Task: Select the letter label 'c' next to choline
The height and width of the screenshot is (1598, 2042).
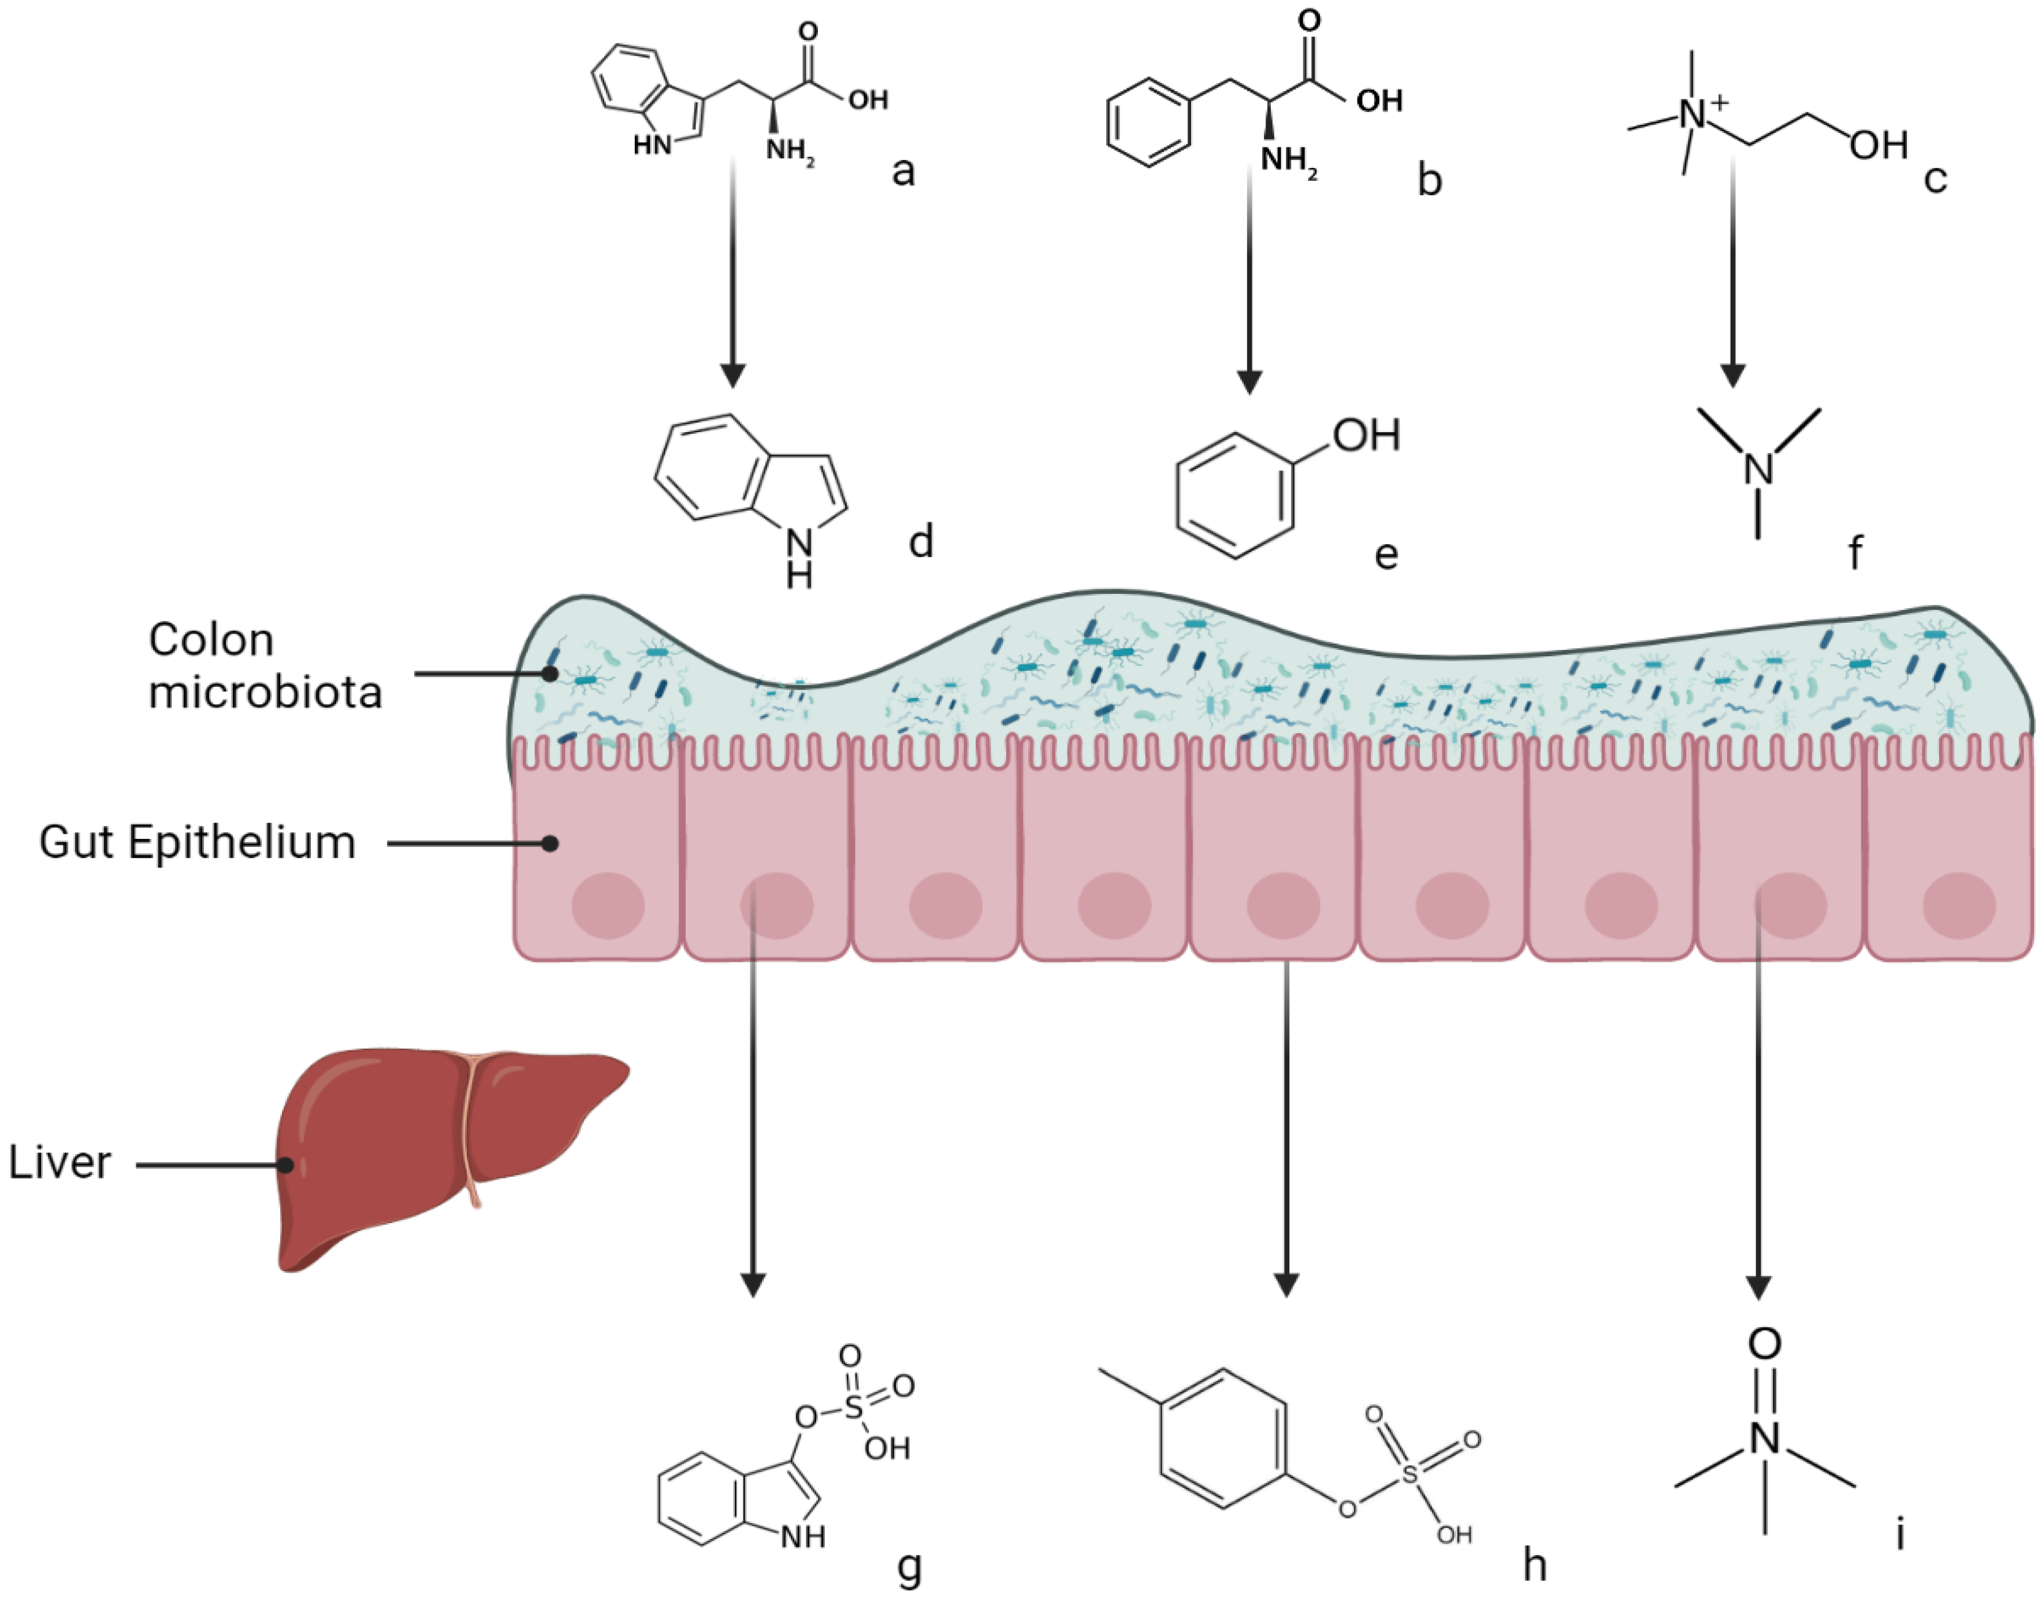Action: pyautogui.click(x=1935, y=178)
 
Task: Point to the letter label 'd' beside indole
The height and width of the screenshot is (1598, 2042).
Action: pyautogui.click(x=921, y=541)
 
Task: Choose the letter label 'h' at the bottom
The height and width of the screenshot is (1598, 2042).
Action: pyautogui.click(x=1535, y=1562)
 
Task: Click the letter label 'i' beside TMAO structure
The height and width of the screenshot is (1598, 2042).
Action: pyautogui.click(x=1900, y=1534)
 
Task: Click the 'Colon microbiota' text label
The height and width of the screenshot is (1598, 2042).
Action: pyautogui.click(x=265, y=666)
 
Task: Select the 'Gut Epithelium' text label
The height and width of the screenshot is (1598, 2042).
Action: pyautogui.click(x=198, y=842)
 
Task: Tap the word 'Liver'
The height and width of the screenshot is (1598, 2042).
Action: pyautogui.click(x=60, y=1163)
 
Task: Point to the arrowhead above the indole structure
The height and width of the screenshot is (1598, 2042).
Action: pyautogui.click(x=732, y=375)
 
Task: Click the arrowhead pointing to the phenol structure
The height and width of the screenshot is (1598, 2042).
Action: pyautogui.click(x=1249, y=382)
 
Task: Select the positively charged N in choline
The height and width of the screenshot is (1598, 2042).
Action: pyautogui.click(x=1693, y=115)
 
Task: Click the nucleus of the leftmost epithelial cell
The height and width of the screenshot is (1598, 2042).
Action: pyautogui.click(x=608, y=906)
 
